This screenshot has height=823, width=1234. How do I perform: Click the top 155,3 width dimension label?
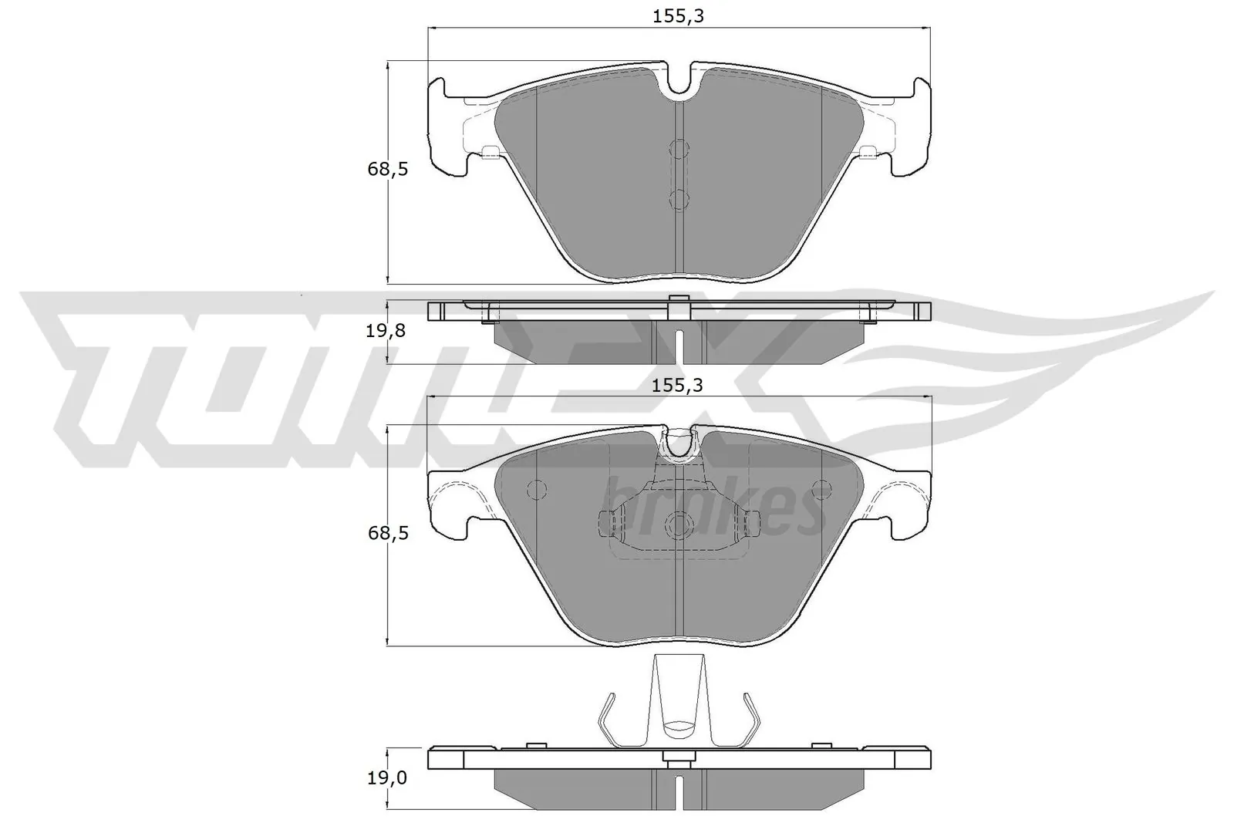pyautogui.click(x=678, y=15)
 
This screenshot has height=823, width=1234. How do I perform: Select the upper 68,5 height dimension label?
pyautogui.click(x=387, y=170)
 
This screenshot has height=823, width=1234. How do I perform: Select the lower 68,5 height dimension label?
pyautogui.click(x=387, y=534)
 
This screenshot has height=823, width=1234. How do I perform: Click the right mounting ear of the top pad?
pyautogui.click(x=912, y=127)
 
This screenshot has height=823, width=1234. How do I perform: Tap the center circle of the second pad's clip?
pyautogui.click(x=679, y=526)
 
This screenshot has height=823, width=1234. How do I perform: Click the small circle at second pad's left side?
pyautogui.click(x=534, y=489)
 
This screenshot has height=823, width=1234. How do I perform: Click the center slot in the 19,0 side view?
pyautogui.click(x=678, y=790)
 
